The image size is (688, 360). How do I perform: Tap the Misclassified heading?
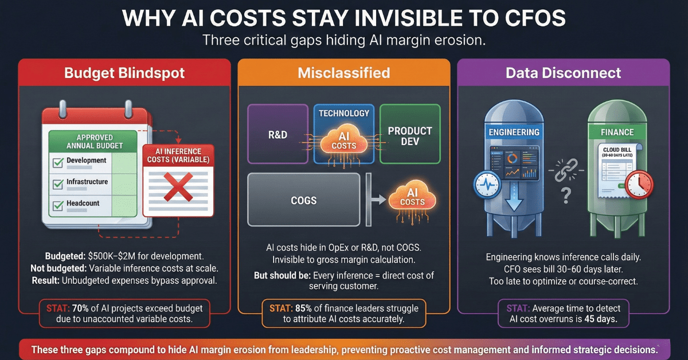click(x=344, y=73)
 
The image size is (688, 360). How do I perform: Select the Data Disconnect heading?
click(x=564, y=73)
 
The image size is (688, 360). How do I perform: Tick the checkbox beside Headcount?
click(x=58, y=206)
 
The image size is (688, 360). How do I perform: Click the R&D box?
click(x=278, y=135)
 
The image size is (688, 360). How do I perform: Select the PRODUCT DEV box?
click(x=410, y=135)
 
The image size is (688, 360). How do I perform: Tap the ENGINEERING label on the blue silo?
click(x=514, y=132)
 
